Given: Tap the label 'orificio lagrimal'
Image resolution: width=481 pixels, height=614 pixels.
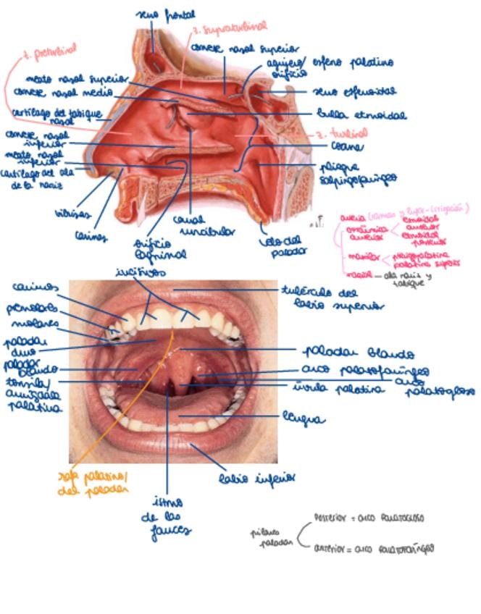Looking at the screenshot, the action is (150, 249).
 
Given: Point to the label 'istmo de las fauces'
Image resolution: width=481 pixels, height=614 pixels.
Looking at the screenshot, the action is (169, 516).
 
